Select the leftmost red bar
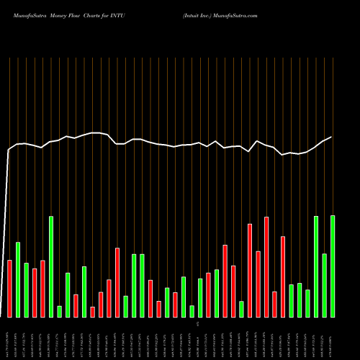[9, 288]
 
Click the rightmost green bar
[333, 266]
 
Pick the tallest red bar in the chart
[266, 266]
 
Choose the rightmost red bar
[283, 276]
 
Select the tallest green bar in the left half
[51, 266]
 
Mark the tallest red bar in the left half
[117, 282]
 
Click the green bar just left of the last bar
[325, 285]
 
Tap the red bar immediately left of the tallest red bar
[258, 284]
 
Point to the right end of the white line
[332, 137]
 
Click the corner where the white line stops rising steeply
[9, 150]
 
